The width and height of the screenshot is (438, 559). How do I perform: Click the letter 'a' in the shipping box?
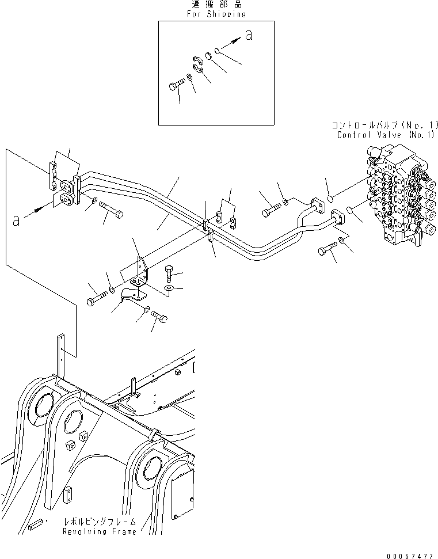pos(249,36)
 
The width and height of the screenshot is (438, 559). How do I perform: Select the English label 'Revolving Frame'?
pos(100,531)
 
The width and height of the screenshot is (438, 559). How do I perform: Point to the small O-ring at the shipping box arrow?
pos(217,51)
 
